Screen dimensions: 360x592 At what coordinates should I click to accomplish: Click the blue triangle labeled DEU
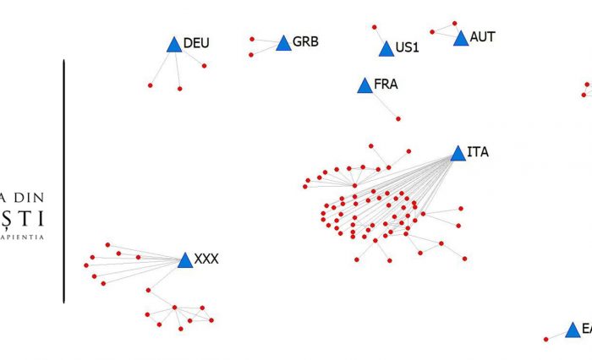coord(174,46)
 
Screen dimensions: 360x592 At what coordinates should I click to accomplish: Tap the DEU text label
coord(195,42)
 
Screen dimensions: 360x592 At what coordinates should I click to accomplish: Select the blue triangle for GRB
coord(283,43)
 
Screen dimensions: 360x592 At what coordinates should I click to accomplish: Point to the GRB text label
coord(305,41)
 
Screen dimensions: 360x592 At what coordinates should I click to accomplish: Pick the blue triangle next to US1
coord(386,49)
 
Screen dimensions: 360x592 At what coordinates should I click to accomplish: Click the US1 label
coord(407,47)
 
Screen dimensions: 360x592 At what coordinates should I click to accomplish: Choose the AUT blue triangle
coord(460,39)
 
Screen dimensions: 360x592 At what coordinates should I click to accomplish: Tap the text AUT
coord(482,37)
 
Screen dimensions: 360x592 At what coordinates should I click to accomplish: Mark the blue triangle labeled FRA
coord(364,85)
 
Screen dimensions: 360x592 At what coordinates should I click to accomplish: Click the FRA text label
coord(385,85)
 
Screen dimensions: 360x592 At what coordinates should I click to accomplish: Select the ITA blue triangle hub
coord(458,154)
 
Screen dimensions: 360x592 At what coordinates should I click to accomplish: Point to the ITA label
coord(477,152)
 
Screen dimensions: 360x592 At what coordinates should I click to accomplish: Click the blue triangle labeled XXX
coord(185,261)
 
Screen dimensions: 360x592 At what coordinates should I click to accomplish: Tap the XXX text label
coord(206,259)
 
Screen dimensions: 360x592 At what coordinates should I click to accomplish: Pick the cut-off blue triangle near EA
coord(573,330)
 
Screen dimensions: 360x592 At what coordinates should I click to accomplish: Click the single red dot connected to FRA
coord(398,119)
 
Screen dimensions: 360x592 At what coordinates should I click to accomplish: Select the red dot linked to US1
coord(374,27)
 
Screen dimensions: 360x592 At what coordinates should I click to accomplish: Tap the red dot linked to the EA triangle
coord(545,340)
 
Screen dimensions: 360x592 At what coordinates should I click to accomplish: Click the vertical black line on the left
coord(63,181)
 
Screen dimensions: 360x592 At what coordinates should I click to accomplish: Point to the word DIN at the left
coord(33,194)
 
